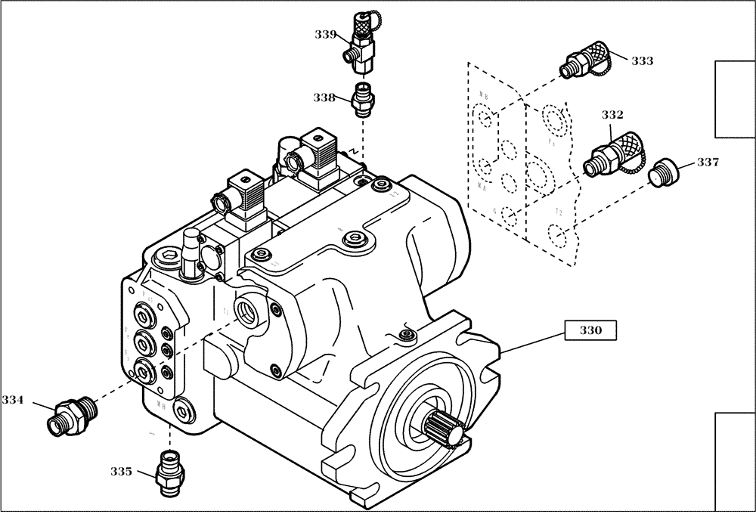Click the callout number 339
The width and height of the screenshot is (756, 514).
pyautogui.click(x=327, y=33)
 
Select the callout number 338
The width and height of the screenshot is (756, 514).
pyautogui.click(x=327, y=97)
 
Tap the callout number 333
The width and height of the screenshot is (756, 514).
pyautogui.click(x=642, y=61)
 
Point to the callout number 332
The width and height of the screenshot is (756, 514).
pyautogui.click(x=612, y=115)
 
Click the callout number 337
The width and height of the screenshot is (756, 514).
pyautogui.click(x=708, y=162)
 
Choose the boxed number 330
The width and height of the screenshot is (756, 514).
pyautogui.click(x=590, y=330)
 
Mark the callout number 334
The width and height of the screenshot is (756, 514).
pyautogui.click(x=14, y=398)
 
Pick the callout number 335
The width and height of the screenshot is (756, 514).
pyautogui.click(x=121, y=471)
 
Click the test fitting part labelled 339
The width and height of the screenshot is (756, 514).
pyautogui.click(x=361, y=45)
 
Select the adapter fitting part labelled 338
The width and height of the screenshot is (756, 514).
pyautogui.click(x=364, y=99)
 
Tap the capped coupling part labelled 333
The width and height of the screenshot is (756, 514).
pyautogui.click(x=587, y=60)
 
